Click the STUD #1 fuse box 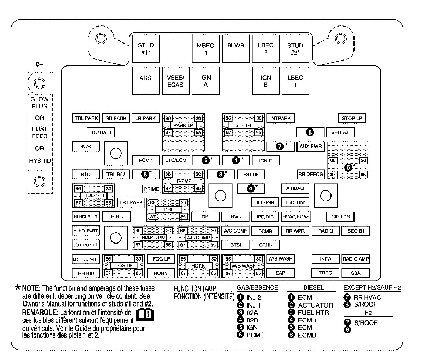point(145,48)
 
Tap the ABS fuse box point(145,81)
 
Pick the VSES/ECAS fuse point(175,81)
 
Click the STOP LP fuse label point(352,118)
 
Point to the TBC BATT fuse point(101,132)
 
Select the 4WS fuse point(86,146)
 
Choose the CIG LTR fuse point(340,217)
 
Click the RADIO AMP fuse point(356,259)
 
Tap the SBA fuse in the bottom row point(356,273)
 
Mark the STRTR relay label point(243,125)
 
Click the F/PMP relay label point(183,181)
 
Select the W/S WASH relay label point(243,265)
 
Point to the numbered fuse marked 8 point(310,132)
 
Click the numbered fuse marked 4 point(251,188)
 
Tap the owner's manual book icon point(145,314)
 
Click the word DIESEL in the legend point(313,288)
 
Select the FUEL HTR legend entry point(313,313)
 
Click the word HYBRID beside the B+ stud point(40,161)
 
